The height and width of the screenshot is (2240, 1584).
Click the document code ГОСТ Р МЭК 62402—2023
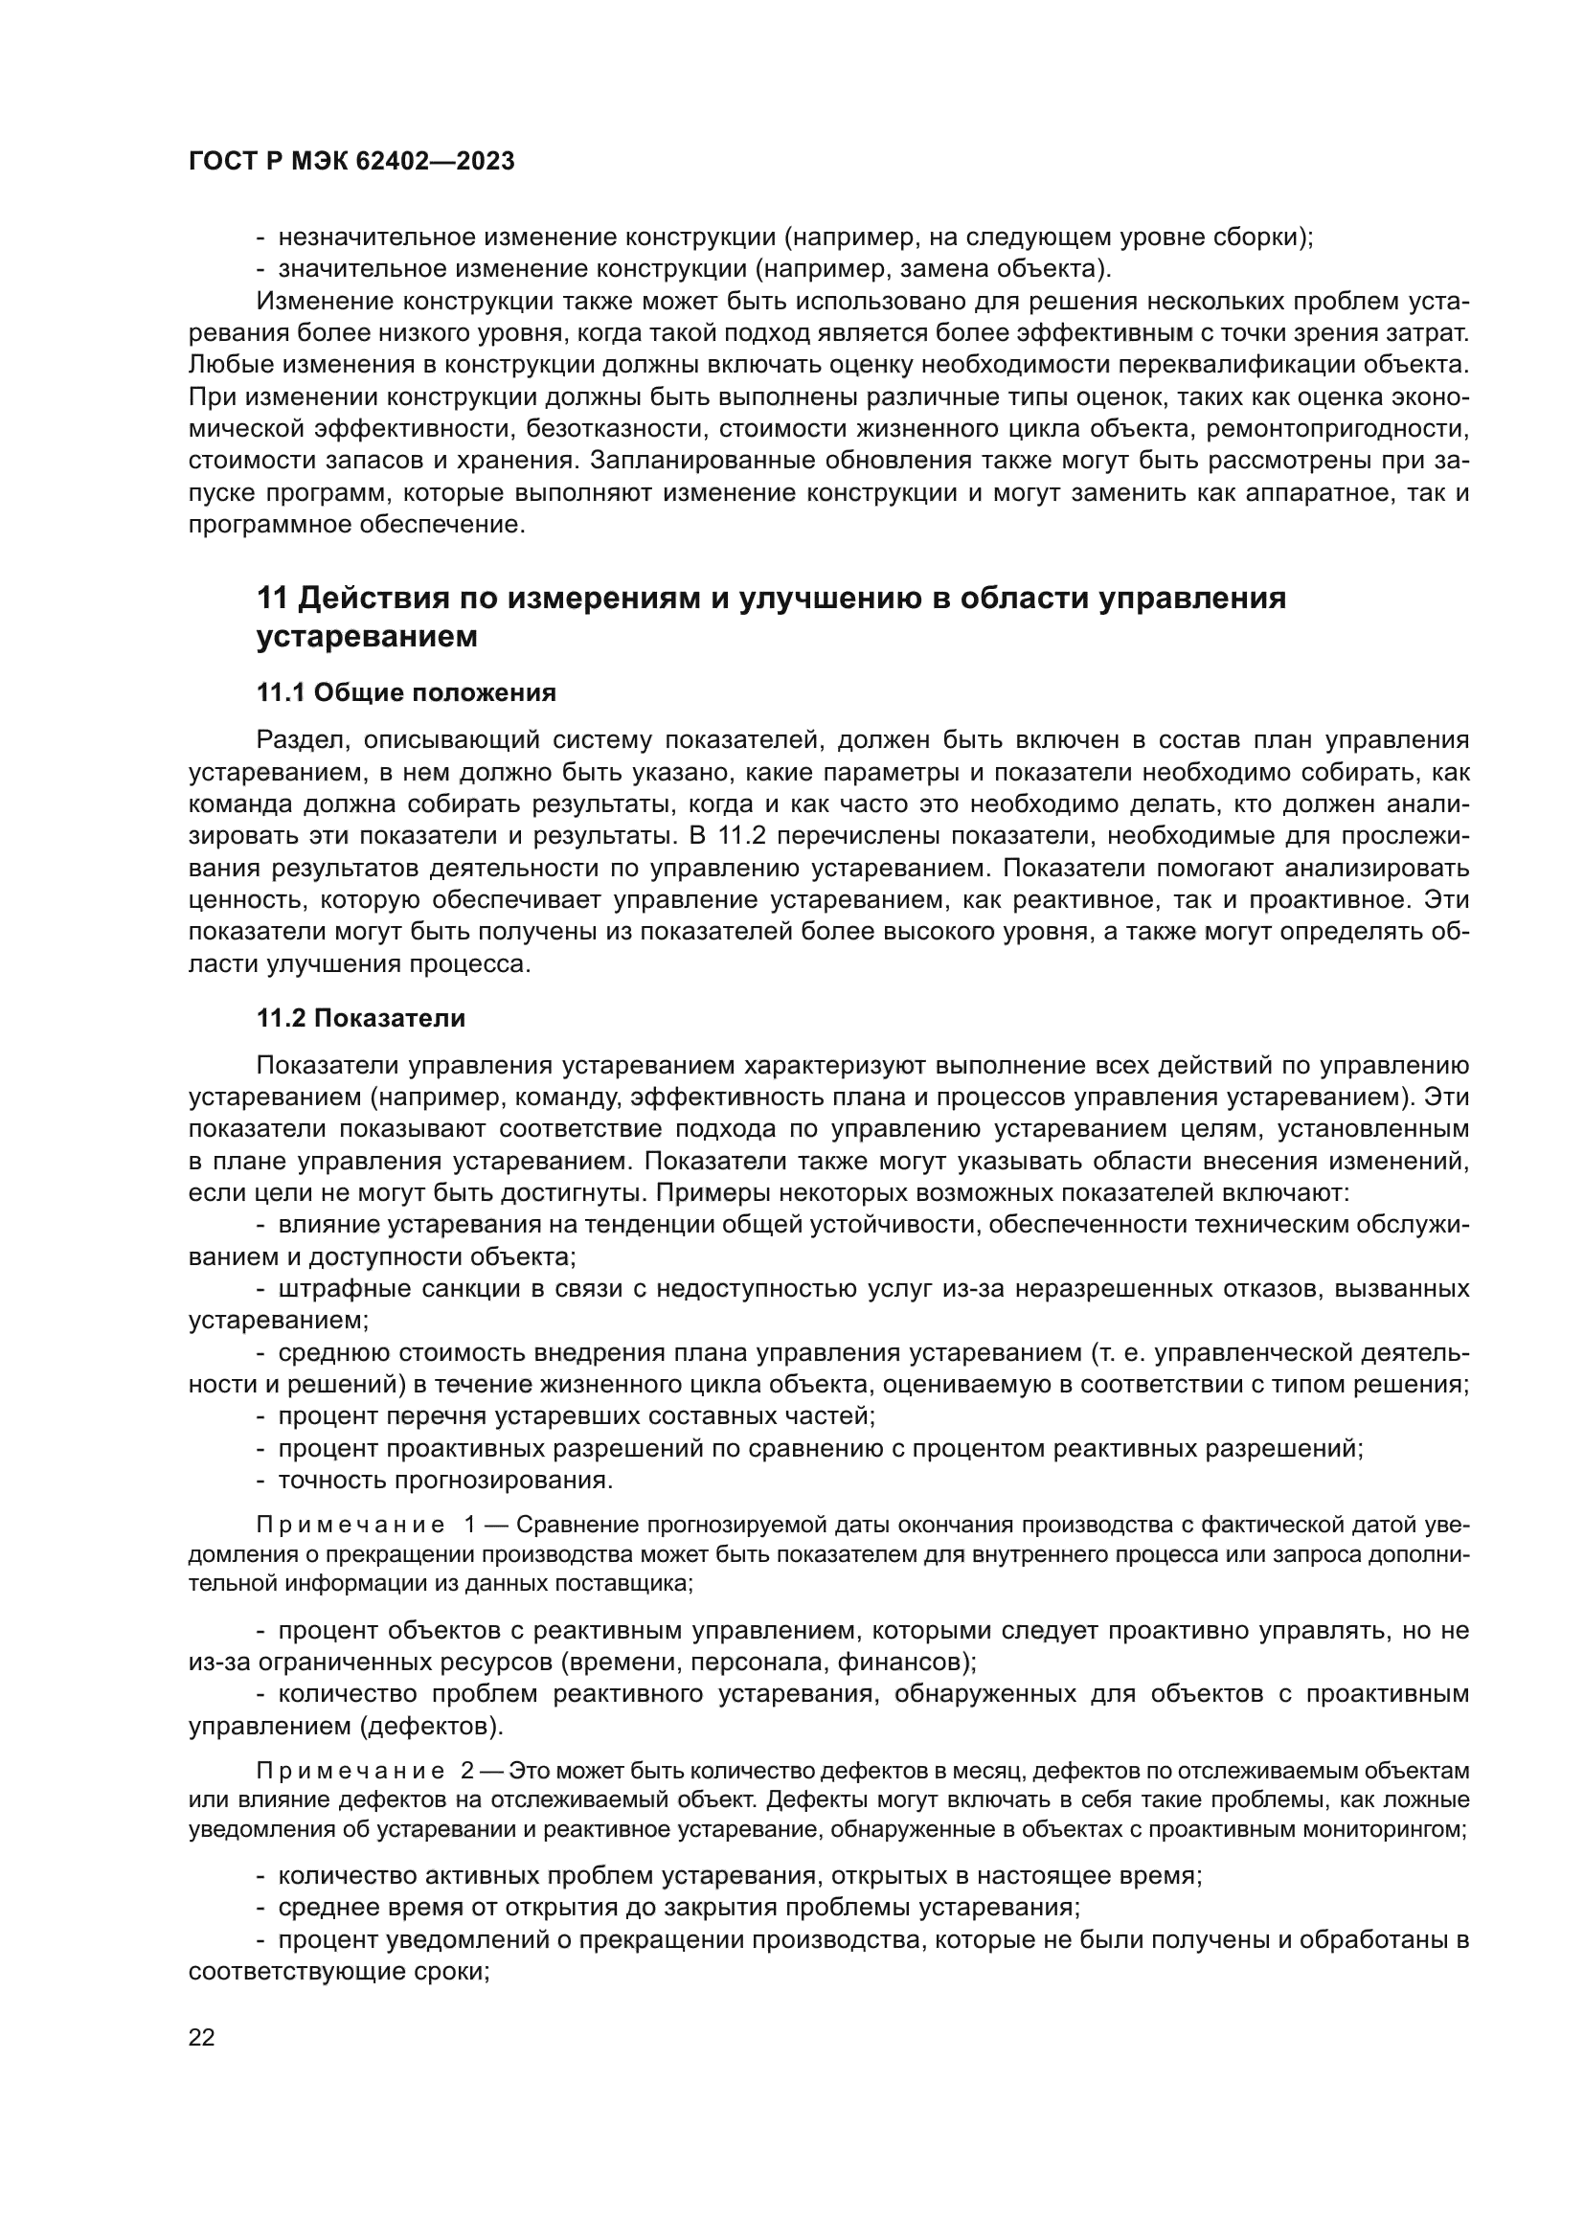(351, 162)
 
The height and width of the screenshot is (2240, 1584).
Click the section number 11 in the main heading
(271, 598)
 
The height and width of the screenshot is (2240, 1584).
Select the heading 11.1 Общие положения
(406, 692)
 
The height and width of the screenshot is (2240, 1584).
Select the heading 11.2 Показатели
(361, 1019)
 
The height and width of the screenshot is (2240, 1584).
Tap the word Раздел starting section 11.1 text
(301, 740)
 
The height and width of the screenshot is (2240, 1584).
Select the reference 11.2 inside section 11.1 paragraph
(740, 836)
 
